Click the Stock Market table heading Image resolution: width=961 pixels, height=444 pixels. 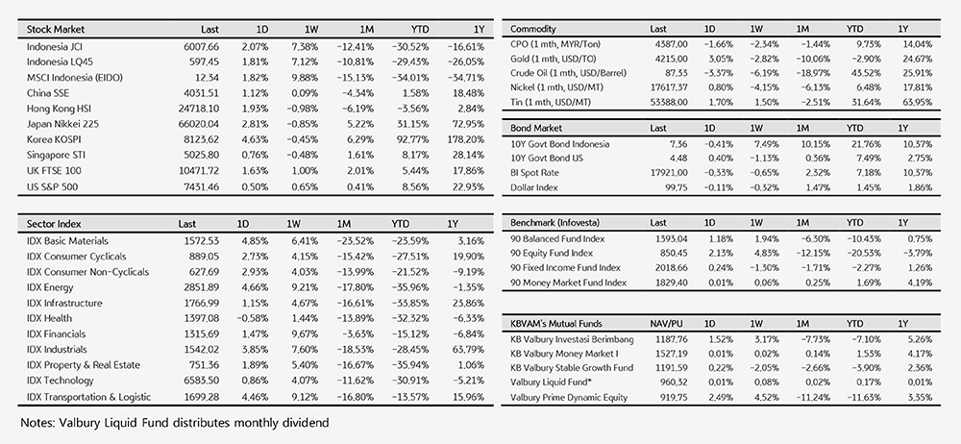click(55, 29)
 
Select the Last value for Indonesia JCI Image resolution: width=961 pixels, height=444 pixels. click(201, 46)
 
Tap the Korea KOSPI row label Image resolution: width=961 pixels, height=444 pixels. click(53, 139)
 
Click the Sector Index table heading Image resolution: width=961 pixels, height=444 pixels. click(53, 224)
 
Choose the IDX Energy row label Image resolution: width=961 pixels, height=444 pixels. click(50, 287)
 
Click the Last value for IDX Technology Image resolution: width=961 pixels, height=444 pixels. click(202, 381)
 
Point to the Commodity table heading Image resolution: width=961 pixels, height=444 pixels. click(532, 29)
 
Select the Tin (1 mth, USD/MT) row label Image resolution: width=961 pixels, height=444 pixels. click(551, 102)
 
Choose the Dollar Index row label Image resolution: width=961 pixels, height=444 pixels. click(533, 187)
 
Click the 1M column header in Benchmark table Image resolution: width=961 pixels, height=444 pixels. click(802, 223)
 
